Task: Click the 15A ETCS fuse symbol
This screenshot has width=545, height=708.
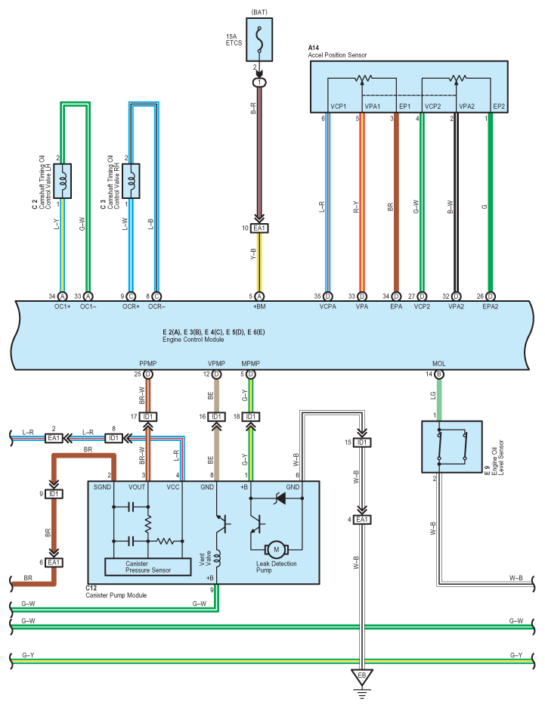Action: [259, 39]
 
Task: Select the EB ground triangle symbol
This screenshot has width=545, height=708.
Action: [361, 675]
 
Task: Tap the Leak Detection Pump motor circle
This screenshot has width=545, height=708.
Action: [276, 548]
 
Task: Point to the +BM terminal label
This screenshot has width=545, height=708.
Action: [259, 307]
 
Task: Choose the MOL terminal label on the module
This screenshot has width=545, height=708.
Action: [438, 363]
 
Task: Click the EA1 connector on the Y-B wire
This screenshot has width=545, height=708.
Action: [259, 228]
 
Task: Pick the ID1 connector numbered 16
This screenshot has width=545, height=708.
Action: [217, 417]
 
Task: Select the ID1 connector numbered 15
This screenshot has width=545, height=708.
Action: [362, 442]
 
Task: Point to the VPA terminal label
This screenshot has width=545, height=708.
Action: [361, 307]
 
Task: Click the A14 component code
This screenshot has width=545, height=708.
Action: [314, 48]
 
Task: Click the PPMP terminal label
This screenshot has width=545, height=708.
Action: [148, 363]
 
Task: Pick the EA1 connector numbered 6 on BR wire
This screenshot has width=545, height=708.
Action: [54, 562]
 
